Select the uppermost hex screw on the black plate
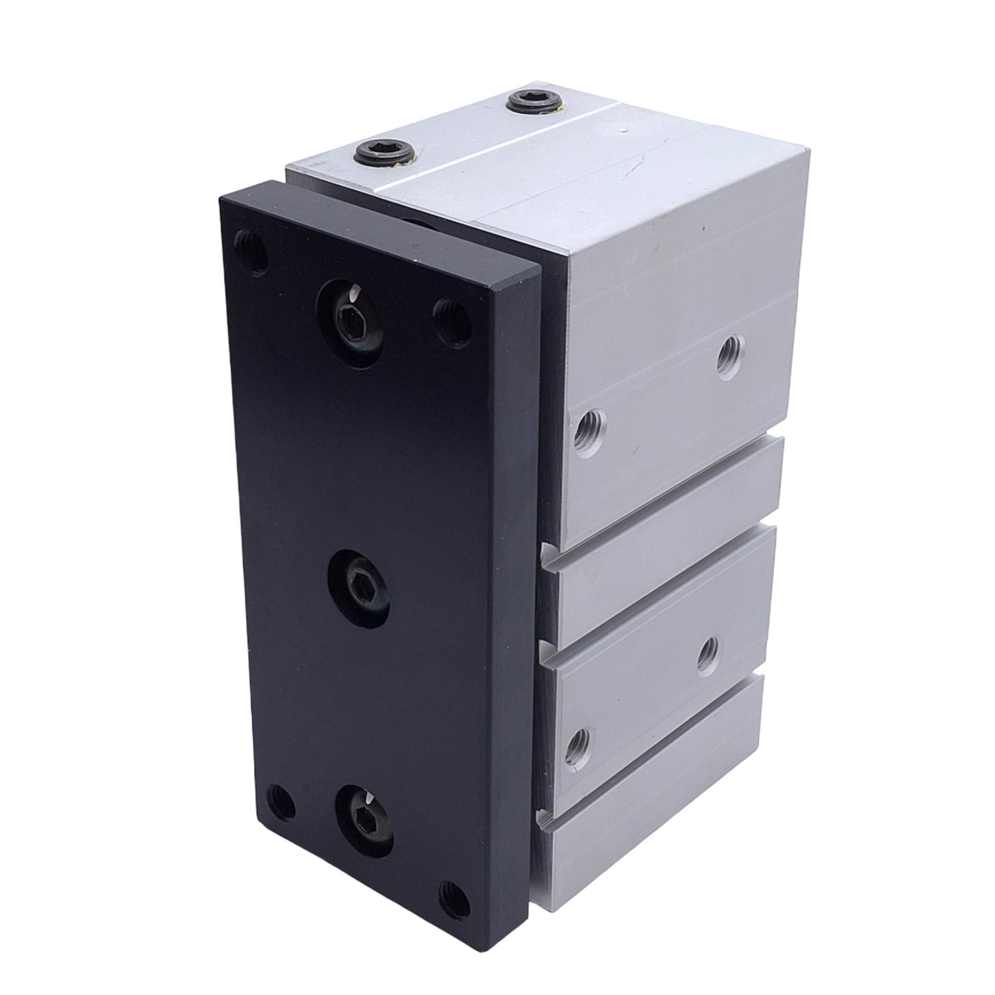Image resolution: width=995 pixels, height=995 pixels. [350, 317]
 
